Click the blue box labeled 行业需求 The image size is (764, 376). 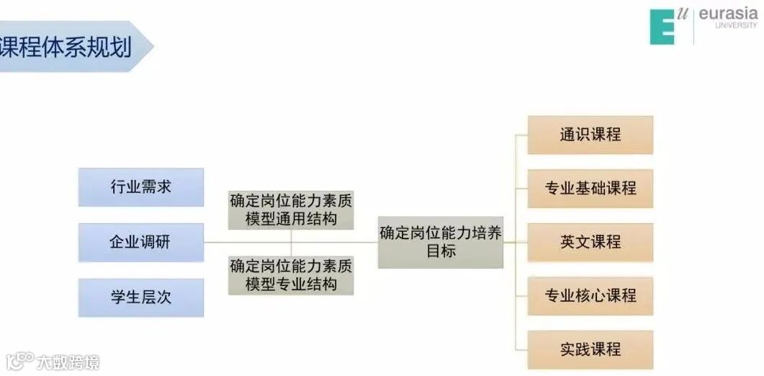tap(141, 187)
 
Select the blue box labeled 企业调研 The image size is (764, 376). tap(141, 242)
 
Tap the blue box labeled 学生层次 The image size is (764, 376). tap(141, 297)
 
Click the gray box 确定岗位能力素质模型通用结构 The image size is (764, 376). tap(291, 210)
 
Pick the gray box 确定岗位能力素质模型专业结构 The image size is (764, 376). tap(291, 274)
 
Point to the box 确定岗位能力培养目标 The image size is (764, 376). tap(441, 241)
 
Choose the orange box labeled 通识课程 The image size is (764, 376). tap(590, 135)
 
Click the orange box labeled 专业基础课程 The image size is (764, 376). tap(590, 189)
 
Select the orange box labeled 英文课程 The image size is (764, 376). tap(590, 242)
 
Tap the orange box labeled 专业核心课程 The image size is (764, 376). tap(590, 295)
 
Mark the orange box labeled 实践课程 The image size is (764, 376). tap(590, 349)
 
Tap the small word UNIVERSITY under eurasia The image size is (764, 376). tap(736, 25)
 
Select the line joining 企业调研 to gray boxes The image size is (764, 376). tap(216, 242)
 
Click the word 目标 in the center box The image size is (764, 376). tap(441, 251)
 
